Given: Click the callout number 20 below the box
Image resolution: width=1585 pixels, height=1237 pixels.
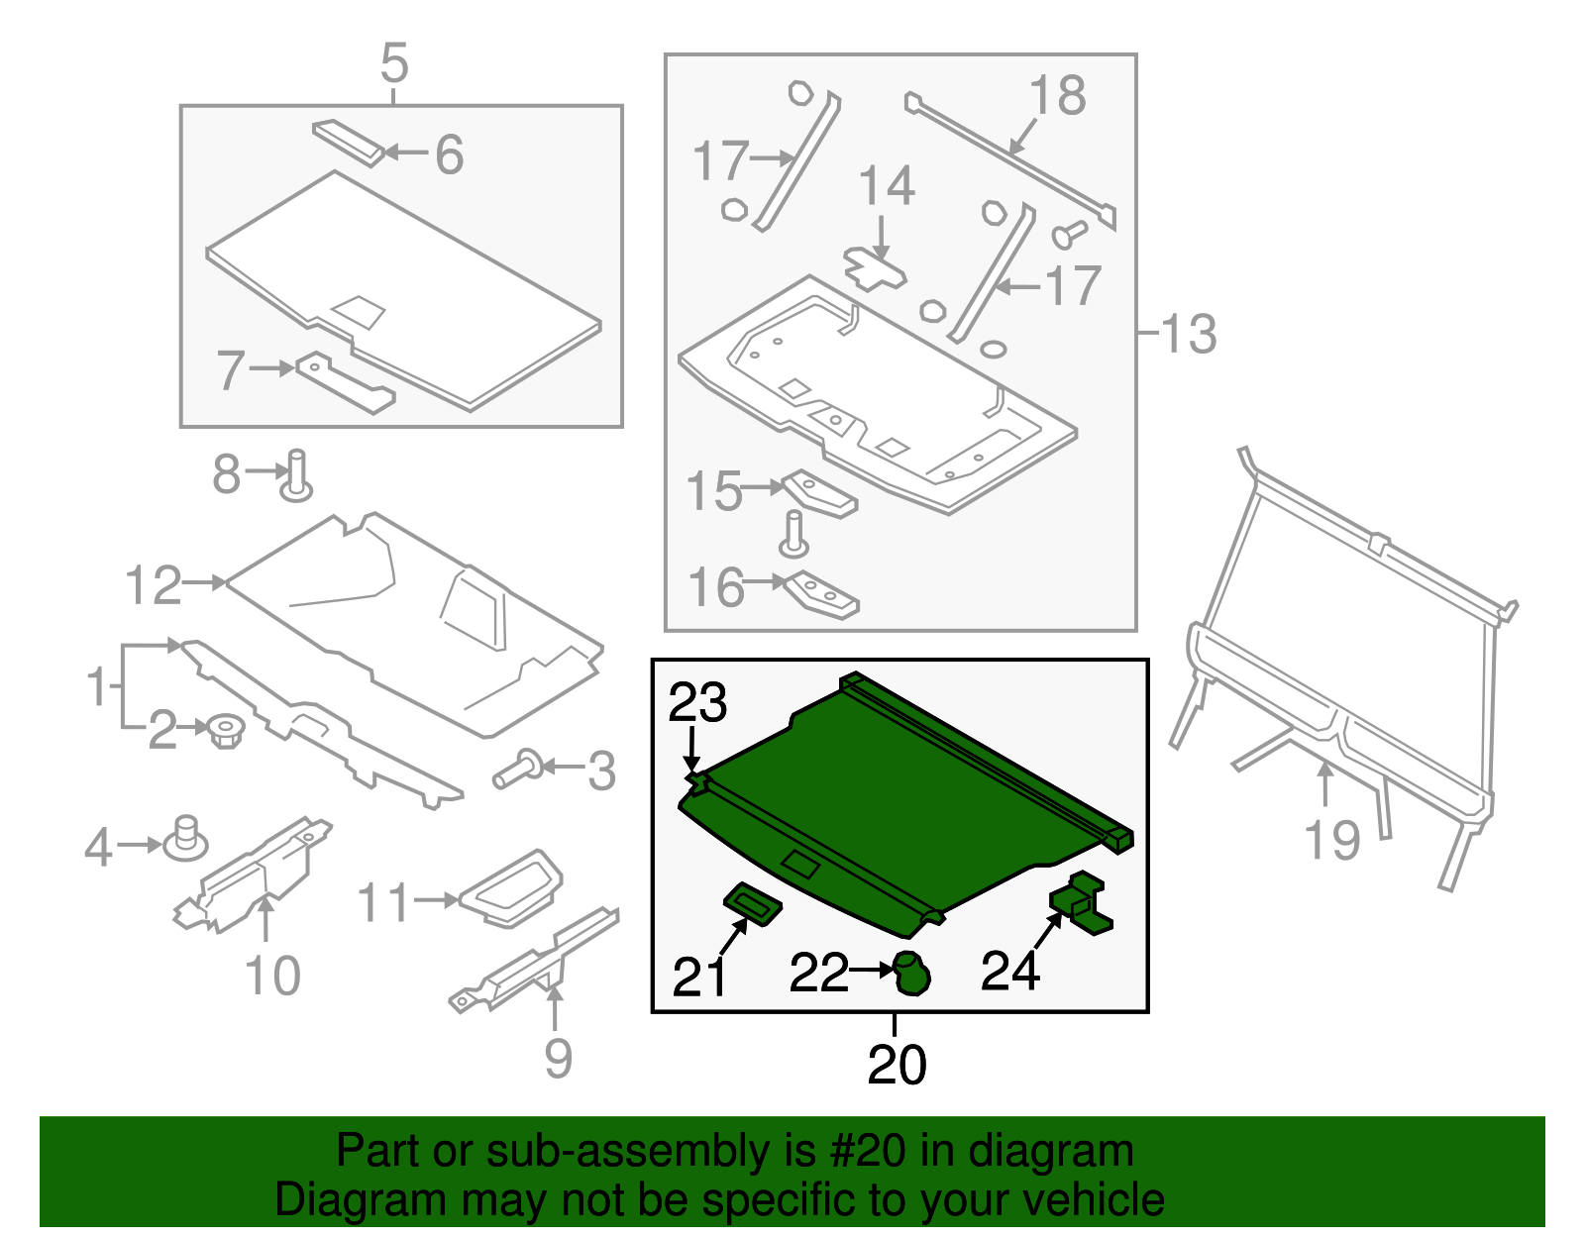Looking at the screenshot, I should pos(897,1065).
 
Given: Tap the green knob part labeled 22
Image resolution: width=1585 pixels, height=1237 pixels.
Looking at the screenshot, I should pos(911,973).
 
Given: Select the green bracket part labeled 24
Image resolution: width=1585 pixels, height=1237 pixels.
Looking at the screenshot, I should pos(1082,902).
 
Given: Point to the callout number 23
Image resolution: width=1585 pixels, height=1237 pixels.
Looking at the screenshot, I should pos(697,703).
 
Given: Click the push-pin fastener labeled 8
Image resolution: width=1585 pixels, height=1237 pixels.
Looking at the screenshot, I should pos(296,477).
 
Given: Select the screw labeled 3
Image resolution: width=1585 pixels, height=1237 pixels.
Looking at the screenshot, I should pos(518,770).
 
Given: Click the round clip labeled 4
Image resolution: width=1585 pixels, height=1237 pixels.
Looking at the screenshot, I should pos(185,840).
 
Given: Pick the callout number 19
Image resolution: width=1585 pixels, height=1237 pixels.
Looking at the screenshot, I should pos(1332,840).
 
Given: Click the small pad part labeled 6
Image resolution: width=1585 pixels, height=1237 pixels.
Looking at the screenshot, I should pos(349,143).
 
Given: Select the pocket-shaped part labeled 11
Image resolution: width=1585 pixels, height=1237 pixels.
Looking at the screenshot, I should pos(512,887).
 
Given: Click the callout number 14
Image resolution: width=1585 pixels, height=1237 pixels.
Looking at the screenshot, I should pos(886,186).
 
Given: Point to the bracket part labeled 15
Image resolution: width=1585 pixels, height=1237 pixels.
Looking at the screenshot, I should pos(819,494).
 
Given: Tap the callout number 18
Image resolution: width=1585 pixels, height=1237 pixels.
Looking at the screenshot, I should pos(1057,96).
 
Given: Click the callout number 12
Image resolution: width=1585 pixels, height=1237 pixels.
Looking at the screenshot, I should pos(154,585).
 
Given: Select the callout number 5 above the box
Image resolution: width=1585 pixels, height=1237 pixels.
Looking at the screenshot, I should pos(393,63).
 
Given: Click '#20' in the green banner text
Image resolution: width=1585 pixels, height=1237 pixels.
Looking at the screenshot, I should pos(861,1151).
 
